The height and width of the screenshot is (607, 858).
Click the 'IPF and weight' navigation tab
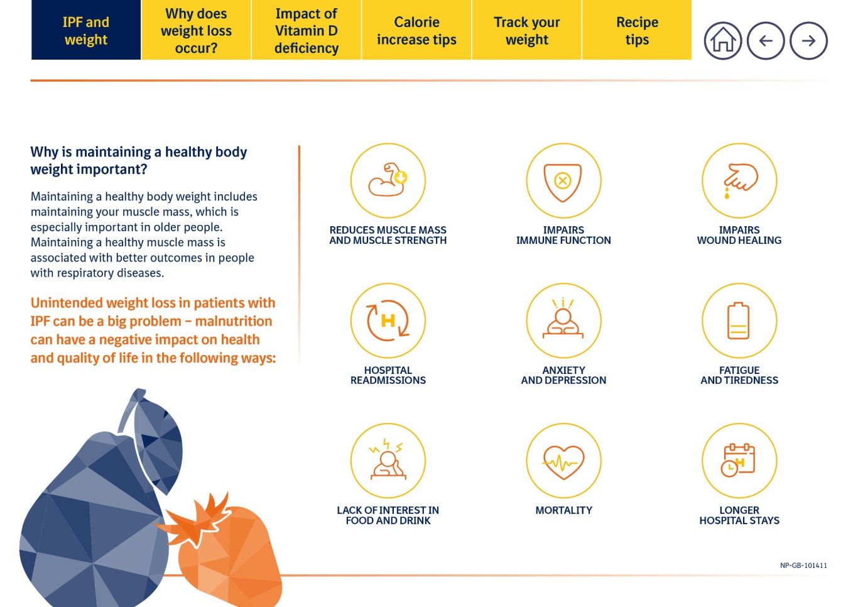(86, 30)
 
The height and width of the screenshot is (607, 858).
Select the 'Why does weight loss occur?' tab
(196, 30)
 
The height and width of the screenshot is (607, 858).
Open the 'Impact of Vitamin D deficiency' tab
(307, 30)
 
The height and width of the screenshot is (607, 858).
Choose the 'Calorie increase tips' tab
(416, 30)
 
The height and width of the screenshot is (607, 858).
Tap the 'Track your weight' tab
(527, 30)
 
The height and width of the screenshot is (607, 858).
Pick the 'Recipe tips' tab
(637, 30)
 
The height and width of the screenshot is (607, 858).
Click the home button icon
(723, 41)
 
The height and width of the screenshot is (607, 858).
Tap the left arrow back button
(766, 41)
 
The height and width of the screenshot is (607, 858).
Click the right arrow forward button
(808, 41)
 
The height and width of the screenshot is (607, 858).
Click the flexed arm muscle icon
(388, 180)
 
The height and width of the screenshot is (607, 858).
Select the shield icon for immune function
(563, 180)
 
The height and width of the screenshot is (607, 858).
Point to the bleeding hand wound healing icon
(739, 180)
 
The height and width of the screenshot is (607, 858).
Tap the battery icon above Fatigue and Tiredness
(739, 320)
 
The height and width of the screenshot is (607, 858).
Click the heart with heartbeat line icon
(563, 461)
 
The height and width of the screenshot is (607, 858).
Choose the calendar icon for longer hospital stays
(739, 461)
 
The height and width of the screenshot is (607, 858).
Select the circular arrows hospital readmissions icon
(388, 320)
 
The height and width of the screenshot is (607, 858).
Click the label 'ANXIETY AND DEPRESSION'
(563, 375)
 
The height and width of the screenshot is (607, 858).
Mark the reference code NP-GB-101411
(803, 566)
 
